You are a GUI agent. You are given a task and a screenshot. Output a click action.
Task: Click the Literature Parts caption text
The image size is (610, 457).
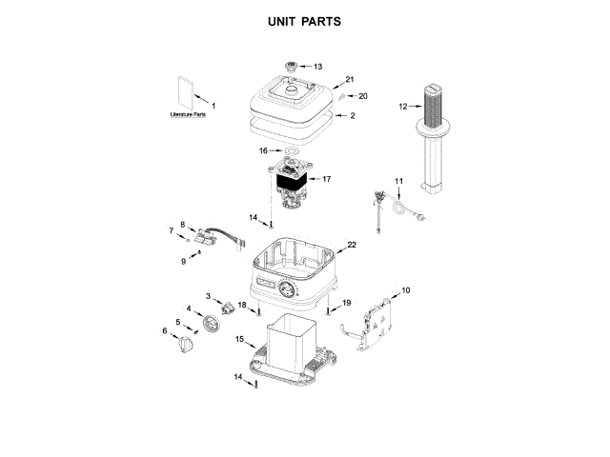click(x=188, y=114)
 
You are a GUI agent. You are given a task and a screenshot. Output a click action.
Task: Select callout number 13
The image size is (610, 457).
click(x=318, y=67)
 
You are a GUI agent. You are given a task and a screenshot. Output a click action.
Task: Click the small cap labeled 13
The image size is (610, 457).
click(x=290, y=67)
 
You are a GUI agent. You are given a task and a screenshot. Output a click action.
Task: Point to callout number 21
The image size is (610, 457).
click(x=350, y=80)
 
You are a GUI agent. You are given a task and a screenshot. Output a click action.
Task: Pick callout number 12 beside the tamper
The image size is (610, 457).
click(x=403, y=107)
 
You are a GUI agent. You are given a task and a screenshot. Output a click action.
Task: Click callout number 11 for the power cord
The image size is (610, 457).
click(x=399, y=181)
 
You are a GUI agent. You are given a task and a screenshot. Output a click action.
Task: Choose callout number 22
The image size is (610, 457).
click(x=352, y=245)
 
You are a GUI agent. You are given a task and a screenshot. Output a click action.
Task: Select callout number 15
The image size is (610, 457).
click(x=240, y=339)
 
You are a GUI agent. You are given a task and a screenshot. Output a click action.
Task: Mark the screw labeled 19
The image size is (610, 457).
click(x=328, y=311)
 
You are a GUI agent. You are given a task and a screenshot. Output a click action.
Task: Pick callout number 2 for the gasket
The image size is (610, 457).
click(x=353, y=116)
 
